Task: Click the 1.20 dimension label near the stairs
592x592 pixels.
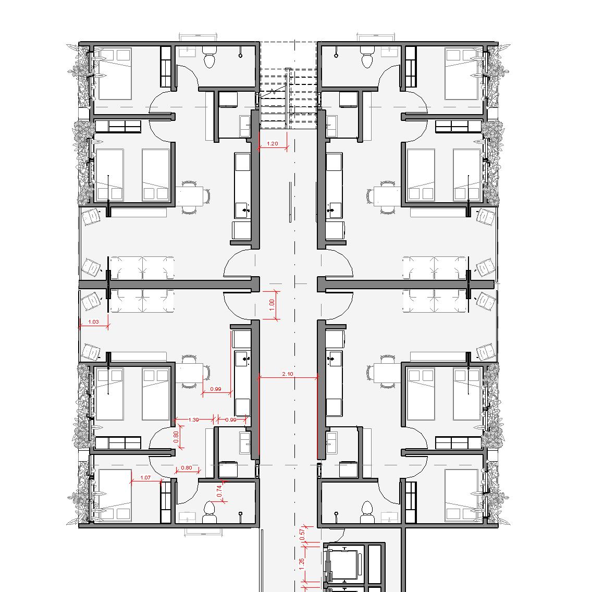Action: [x=272, y=143]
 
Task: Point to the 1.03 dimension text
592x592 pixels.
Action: [x=93, y=322]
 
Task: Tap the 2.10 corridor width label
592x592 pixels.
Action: [x=287, y=374]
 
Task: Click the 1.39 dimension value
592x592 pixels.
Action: [x=193, y=420]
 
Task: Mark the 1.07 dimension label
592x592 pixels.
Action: [x=145, y=477]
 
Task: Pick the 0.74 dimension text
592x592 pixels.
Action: [x=219, y=491]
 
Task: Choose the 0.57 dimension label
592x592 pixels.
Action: [x=302, y=534]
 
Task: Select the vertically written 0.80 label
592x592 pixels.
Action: [x=176, y=437]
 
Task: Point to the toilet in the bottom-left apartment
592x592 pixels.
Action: [x=209, y=512]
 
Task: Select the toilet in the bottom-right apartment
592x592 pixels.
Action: [x=367, y=512]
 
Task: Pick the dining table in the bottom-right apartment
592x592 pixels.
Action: [x=387, y=373]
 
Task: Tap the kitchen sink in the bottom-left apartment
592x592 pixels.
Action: [x=242, y=359]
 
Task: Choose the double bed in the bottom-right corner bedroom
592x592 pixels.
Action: [x=461, y=496]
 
